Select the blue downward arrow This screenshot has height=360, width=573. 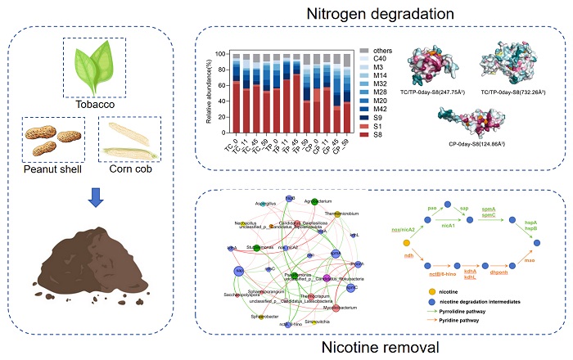coord(95,196)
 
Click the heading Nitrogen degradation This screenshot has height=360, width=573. coord(379,13)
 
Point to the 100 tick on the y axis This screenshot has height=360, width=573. coord(221,53)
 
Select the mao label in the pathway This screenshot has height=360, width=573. coord(530,261)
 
